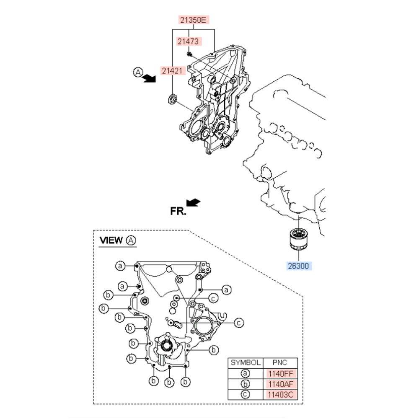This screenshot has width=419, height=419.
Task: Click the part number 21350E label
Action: coord(192,20)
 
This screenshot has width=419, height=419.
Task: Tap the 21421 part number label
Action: coord(173,70)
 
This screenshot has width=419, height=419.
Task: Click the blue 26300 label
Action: coord(299,266)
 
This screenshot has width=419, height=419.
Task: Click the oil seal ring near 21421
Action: coord(171,99)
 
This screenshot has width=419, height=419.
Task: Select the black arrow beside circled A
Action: coord(148,78)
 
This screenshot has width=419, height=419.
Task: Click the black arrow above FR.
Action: coord(193,202)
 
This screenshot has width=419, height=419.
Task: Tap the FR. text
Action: coord(178,212)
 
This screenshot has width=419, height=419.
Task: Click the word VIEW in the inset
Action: coord(111,240)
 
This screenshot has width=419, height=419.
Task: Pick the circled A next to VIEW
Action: coord(131,240)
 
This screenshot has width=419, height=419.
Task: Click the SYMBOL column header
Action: coord(246,363)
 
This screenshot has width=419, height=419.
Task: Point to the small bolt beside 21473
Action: coord(189,54)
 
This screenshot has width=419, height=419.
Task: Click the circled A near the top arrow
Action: coord(138,72)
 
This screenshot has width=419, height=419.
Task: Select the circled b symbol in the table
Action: coord(246,384)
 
